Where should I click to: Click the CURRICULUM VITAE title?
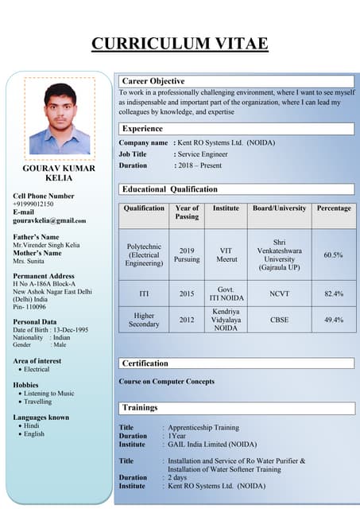[180, 43]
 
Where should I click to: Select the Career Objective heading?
[153, 81]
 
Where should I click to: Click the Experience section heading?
[143, 128]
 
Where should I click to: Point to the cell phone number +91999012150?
[33, 204]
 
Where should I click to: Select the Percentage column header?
[333, 208]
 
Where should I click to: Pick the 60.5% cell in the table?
[333, 255]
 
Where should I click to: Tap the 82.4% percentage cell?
[333, 293]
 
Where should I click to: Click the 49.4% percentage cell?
[333, 320]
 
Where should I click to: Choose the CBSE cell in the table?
[279, 320]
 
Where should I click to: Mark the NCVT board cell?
[279, 293]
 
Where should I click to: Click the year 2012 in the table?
[187, 320]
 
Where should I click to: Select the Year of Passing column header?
[187, 212]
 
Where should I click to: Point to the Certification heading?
[145, 363]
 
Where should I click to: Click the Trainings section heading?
[140, 408]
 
